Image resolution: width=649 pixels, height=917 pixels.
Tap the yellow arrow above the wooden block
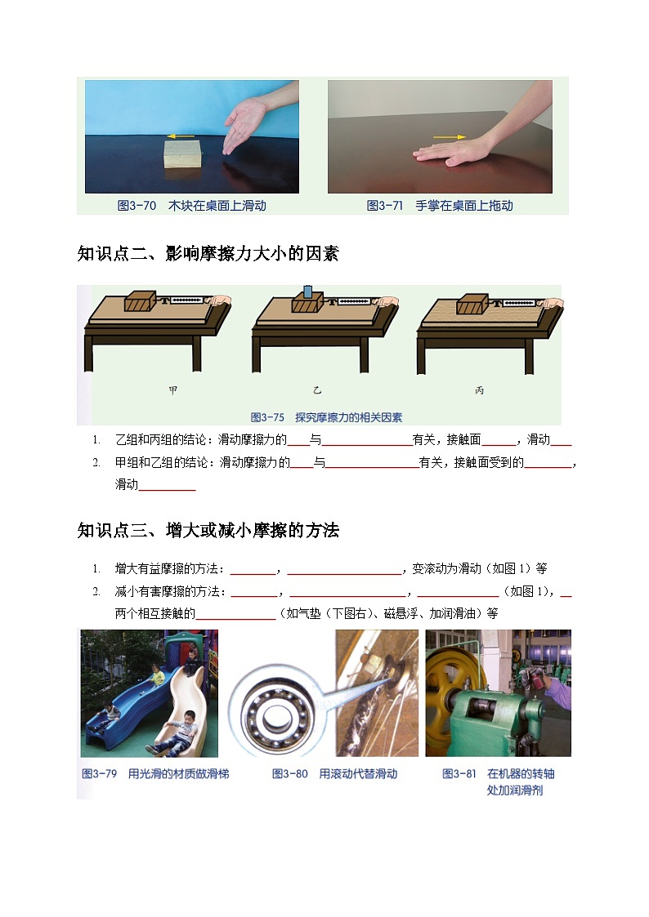coord(181,136)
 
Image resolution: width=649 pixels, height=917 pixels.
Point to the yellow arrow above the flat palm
coord(450,137)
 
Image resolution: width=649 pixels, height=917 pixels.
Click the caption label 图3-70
coord(137,206)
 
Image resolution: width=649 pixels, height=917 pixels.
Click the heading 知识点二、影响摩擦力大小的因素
coord(208,254)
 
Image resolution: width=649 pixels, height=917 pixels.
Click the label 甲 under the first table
coord(172,390)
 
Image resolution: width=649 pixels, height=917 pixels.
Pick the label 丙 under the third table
coord(479,390)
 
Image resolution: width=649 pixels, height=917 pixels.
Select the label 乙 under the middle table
coord(318,390)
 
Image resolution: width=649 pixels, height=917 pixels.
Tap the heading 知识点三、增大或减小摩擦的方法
coord(208,531)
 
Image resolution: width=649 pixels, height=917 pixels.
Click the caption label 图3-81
coord(459,773)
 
